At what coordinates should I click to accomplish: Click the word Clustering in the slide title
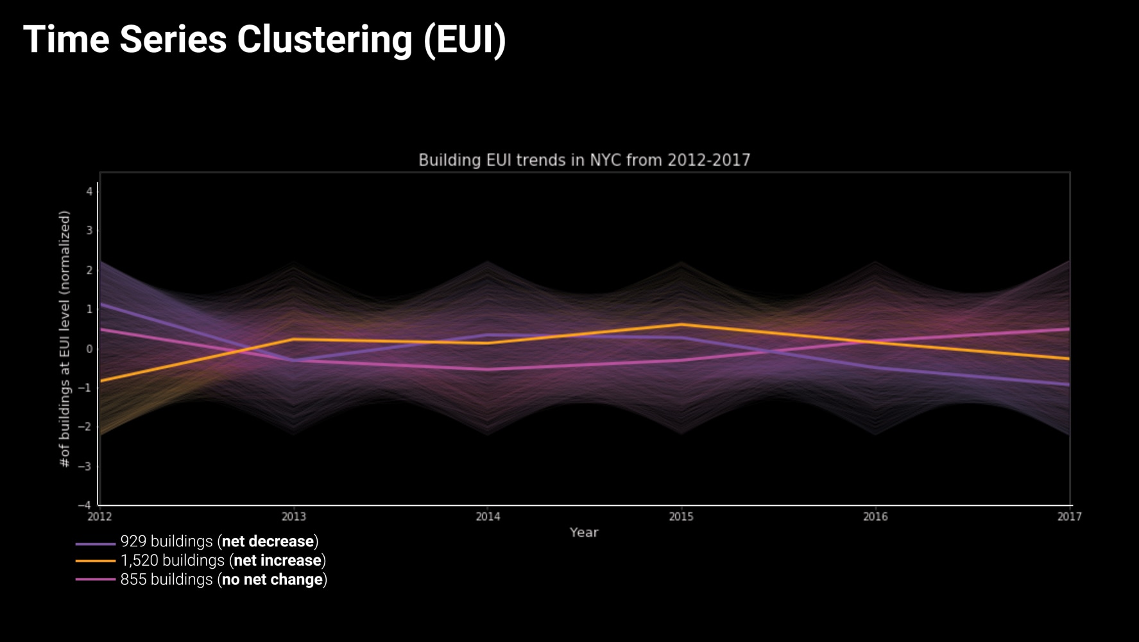click(x=324, y=40)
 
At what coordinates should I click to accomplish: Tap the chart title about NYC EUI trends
click(x=584, y=160)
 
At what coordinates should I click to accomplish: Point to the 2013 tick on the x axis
click(x=294, y=516)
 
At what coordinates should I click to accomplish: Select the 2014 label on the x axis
click(x=488, y=516)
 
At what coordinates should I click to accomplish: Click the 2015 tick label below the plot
click(x=681, y=516)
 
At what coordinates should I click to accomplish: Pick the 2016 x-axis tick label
click(x=875, y=516)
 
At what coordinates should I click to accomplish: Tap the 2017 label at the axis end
click(x=1069, y=516)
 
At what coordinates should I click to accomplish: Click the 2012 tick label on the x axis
click(x=99, y=516)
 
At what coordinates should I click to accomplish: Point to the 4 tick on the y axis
click(x=89, y=191)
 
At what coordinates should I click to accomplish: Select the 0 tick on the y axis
click(x=89, y=349)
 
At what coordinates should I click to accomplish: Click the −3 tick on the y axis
click(x=85, y=466)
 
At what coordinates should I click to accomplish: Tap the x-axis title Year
click(x=584, y=532)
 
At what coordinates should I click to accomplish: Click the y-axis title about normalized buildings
click(x=64, y=339)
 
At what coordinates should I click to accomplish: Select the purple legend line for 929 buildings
click(x=95, y=544)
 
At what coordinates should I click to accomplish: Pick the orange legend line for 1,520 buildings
click(x=95, y=561)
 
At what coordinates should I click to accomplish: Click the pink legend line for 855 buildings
click(x=95, y=580)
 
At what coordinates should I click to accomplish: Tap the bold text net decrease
click(x=268, y=541)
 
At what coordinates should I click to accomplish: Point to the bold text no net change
click(x=272, y=580)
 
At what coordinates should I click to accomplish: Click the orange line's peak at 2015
click(x=681, y=325)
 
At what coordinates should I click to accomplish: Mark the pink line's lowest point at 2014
click(x=488, y=369)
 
